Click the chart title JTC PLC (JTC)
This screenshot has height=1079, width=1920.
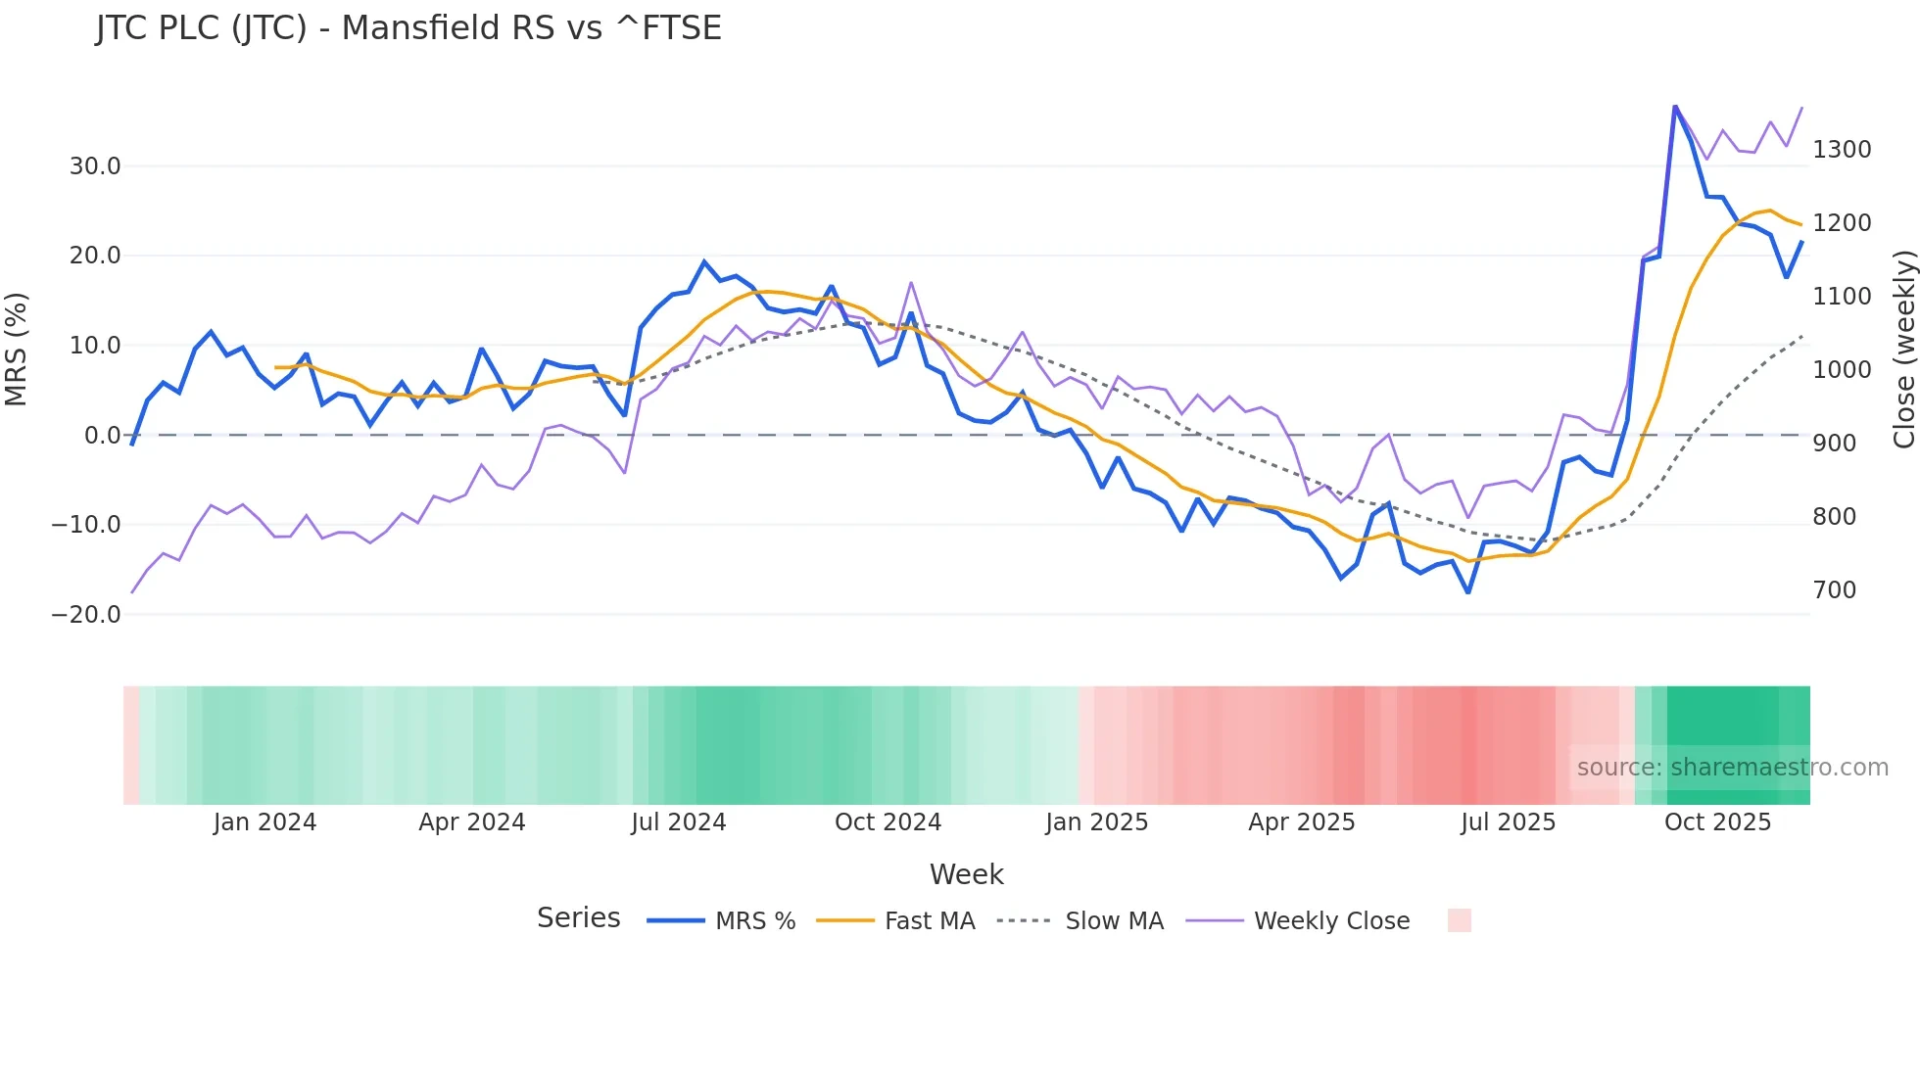click(408, 27)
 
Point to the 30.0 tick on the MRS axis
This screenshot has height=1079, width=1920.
click(95, 166)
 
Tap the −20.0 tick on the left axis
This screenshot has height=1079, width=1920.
click(87, 615)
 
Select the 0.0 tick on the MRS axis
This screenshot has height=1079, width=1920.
click(103, 436)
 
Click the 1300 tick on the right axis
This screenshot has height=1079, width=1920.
click(1842, 150)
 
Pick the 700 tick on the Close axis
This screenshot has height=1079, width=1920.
click(1834, 590)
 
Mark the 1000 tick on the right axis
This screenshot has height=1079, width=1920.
click(1842, 370)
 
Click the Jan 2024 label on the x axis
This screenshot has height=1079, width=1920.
click(264, 822)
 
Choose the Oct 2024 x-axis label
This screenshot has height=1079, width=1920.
click(888, 822)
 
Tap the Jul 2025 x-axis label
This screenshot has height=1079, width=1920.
click(1508, 822)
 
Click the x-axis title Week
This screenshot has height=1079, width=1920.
click(966, 874)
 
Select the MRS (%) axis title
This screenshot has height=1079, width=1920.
click(17, 349)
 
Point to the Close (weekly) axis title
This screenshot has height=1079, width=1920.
click(1903, 350)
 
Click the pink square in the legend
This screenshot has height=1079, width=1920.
click(1459, 920)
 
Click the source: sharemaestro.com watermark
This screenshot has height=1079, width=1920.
click(1732, 768)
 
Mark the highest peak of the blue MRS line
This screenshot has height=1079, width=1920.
click(1675, 106)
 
